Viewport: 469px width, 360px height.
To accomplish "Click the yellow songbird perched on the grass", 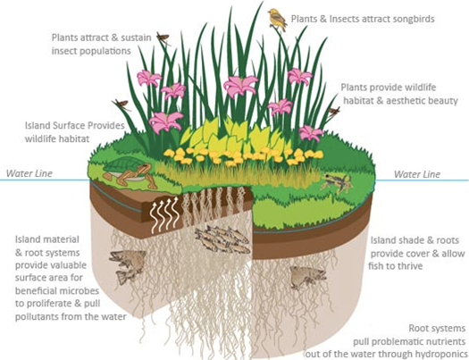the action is coord(278,20).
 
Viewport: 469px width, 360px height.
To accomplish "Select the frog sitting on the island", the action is coord(337,182).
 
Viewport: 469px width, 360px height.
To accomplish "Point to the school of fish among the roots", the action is coord(222,239).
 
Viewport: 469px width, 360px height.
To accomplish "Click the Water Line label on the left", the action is coord(29,173).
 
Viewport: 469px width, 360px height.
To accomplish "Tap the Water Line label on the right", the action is coord(417,174).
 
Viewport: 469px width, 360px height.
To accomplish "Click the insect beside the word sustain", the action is coord(163,38).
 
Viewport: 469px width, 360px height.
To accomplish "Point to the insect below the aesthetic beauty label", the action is coord(334,112).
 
